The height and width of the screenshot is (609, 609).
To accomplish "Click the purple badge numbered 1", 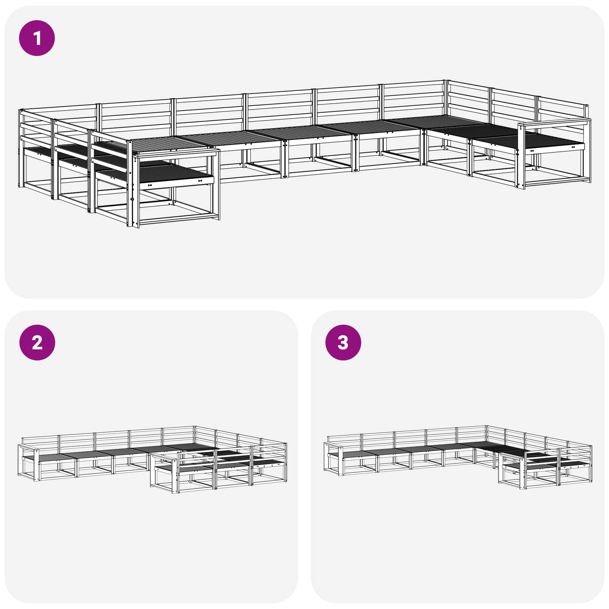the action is pos(37,38).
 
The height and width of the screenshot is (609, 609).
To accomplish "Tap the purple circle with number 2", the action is pos(37,343).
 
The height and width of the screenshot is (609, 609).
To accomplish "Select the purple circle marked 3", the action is pos(343,343).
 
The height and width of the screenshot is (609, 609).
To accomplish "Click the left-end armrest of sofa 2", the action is pos(29,446).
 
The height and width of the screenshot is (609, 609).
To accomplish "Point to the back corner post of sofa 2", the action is pos(194,438).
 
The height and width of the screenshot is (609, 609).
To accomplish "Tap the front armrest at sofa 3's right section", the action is pos(512,456).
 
